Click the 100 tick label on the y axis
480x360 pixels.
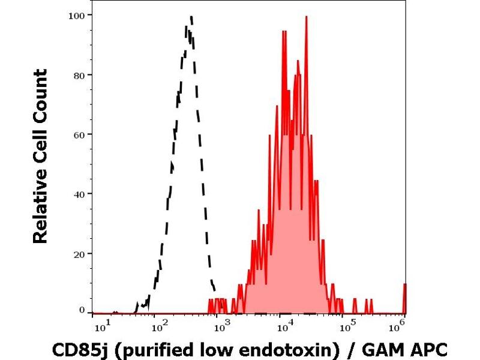tap(77, 14)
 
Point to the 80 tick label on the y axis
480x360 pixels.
tap(79, 74)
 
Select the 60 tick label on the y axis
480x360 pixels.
tap(79, 134)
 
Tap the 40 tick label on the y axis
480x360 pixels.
tap(79, 193)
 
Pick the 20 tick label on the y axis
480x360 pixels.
tap(79, 253)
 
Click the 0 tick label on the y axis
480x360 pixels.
tap(82, 310)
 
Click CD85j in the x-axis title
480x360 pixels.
tap(76, 349)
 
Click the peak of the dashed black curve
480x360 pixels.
tap(191, 17)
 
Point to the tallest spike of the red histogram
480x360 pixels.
tap(307, 17)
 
